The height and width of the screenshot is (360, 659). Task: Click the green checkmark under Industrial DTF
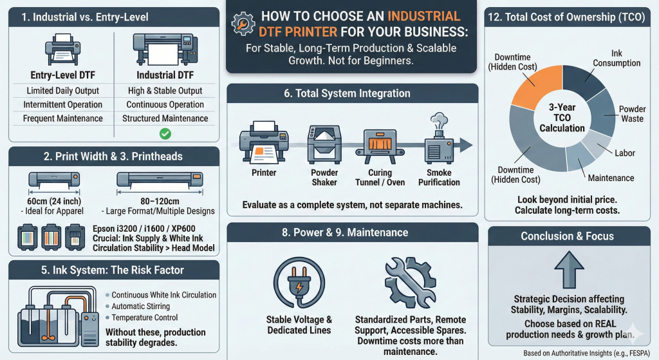tap(165, 134)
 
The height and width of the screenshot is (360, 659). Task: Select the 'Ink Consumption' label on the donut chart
tap(617, 58)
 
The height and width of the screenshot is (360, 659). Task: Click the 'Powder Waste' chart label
tap(632, 113)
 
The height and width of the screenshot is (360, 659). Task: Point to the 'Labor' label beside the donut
tap(624, 153)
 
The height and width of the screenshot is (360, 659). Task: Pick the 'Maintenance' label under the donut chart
tap(611, 178)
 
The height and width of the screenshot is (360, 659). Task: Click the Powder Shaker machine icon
tap(324, 144)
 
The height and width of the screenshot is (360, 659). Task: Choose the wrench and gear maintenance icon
tap(410, 283)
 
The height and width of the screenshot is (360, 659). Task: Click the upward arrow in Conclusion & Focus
tap(569, 270)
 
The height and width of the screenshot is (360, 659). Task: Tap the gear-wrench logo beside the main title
tap(243, 24)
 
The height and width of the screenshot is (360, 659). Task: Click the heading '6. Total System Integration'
tap(347, 93)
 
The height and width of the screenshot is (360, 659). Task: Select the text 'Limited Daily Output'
tap(62, 91)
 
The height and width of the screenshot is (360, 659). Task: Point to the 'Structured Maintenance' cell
tap(165, 118)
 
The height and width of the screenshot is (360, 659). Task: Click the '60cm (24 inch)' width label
tap(54, 202)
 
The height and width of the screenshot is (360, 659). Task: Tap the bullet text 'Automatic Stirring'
tap(141, 306)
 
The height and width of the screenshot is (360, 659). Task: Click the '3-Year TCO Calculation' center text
tap(562, 118)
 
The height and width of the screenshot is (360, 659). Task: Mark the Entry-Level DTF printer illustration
tap(62, 49)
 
